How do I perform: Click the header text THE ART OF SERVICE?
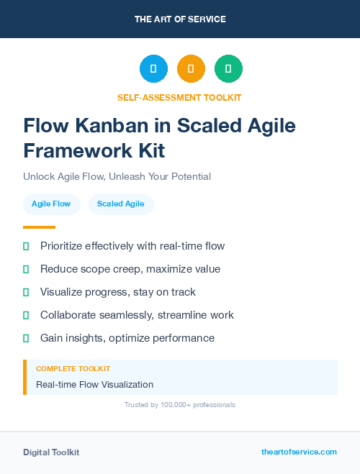[180, 19]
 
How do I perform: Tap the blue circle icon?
[153, 69]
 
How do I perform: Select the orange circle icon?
[191, 69]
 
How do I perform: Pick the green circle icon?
[228, 69]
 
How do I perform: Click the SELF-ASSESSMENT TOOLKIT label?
[180, 97]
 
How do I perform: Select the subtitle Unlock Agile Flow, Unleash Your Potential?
[117, 176]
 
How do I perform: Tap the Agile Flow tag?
[51, 204]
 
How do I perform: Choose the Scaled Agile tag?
[121, 204]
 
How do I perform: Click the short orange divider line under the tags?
[39, 227]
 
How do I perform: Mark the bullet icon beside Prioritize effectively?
[26, 246]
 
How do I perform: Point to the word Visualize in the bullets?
[63, 292]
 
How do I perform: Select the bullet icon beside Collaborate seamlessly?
[26, 315]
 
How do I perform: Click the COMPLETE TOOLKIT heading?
[73, 368]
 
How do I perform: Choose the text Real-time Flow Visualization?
[94, 385]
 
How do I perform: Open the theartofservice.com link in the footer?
[299, 452]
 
